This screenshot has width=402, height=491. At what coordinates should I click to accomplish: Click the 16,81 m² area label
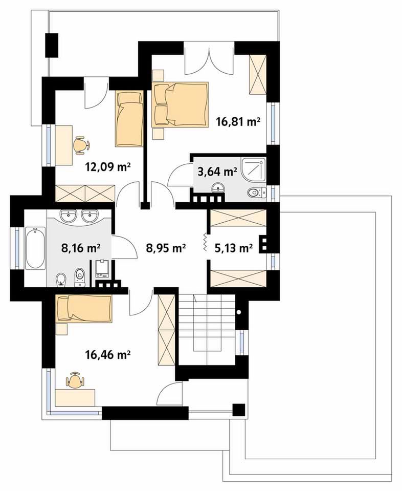(238, 121)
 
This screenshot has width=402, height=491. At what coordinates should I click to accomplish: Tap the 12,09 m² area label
(107, 167)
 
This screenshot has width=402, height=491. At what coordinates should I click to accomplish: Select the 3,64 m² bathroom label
(217, 172)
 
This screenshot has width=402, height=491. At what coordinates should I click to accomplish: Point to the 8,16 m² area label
(80, 248)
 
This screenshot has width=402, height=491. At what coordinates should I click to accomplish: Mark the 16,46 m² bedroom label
(107, 355)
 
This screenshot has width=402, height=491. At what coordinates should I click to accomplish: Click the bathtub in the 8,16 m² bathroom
(35, 248)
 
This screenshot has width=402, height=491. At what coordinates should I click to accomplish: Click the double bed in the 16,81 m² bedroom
(180, 104)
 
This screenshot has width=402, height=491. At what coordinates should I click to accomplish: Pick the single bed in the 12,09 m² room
(129, 119)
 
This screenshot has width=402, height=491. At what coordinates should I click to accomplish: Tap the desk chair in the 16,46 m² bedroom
(75, 380)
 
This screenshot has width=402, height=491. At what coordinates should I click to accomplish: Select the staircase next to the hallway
(207, 328)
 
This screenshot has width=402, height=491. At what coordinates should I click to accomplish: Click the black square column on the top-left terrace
(52, 45)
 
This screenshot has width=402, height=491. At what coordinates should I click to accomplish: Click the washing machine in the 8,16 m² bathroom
(102, 269)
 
